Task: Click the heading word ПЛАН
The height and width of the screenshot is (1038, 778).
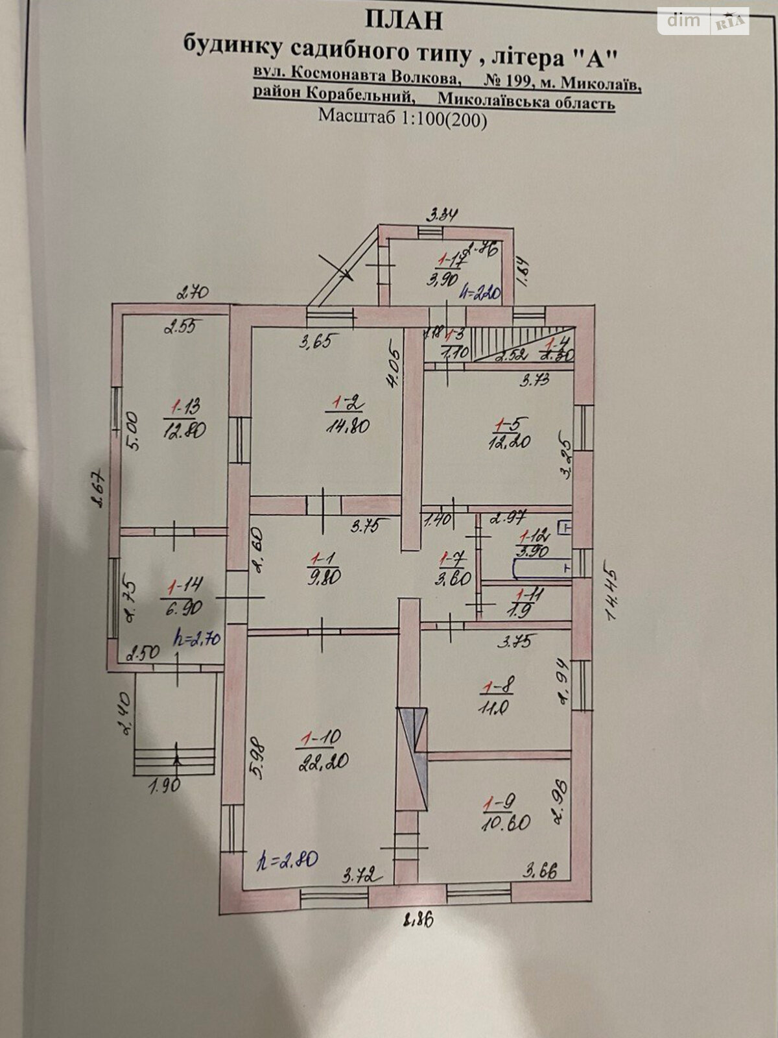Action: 404,20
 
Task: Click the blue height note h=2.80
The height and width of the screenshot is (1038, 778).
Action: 287,860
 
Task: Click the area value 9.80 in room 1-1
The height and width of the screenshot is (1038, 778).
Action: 326,577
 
